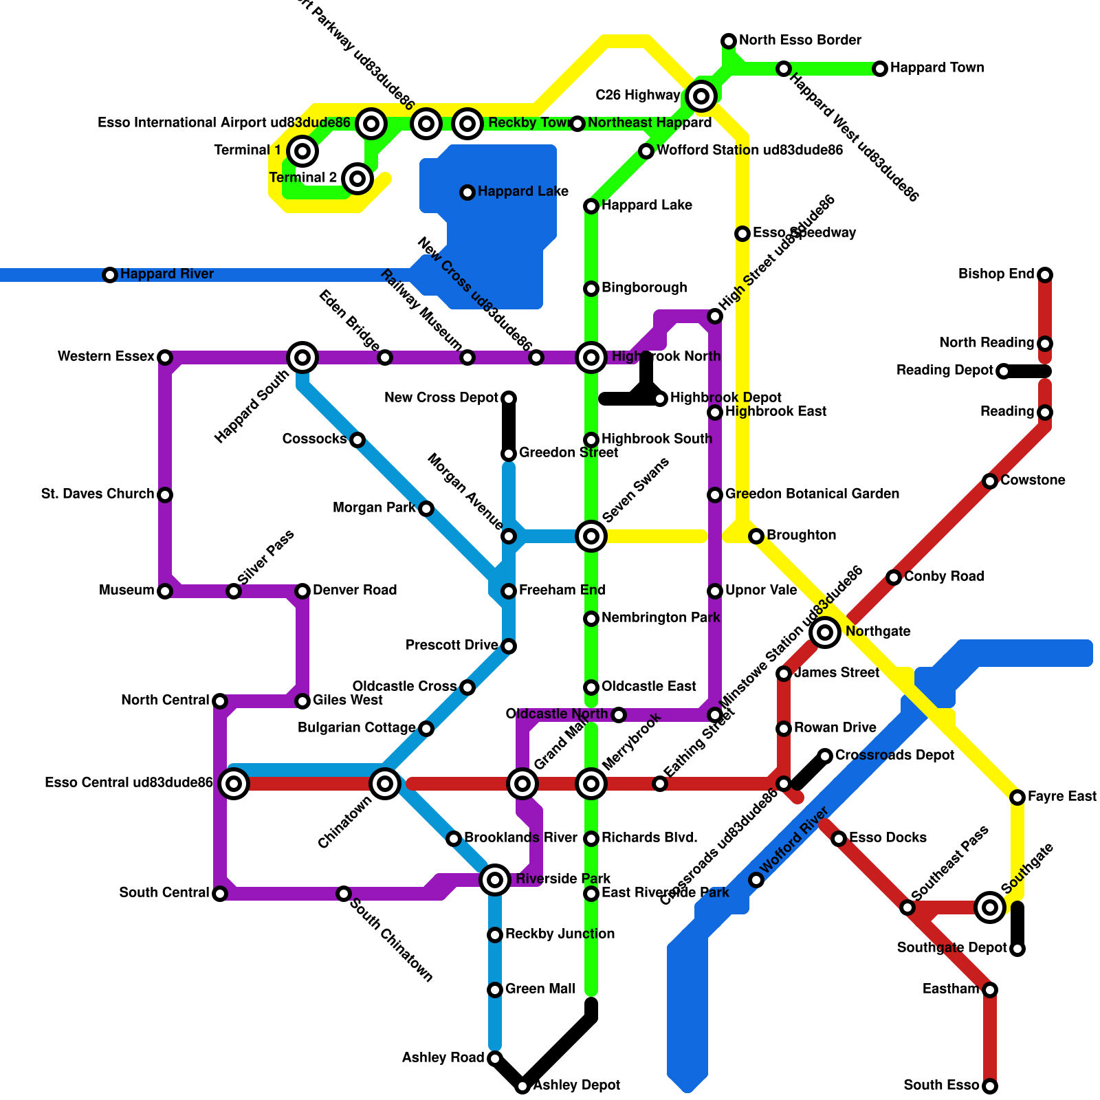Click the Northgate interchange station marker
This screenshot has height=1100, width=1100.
tap(825, 632)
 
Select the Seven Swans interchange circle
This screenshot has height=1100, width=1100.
tap(591, 536)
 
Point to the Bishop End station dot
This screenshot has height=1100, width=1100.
tap(1045, 275)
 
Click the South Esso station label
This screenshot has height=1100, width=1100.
tap(940, 1086)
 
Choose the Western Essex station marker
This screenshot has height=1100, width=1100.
tap(165, 357)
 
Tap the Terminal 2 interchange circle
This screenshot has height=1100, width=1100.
tap(357, 179)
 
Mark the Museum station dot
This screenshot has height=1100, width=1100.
tap(165, 591)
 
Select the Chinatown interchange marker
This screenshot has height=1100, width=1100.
tap(385, 783)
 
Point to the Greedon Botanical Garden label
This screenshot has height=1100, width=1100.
tap(811, 494)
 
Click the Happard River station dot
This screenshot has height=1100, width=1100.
tap(110, 275)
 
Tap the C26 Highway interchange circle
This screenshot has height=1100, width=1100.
tap(701, 96)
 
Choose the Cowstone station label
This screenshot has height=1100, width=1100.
tap(1032, 481)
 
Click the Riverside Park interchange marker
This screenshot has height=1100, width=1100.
tap(494, 879)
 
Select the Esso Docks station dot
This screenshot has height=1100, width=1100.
tap(839, 838)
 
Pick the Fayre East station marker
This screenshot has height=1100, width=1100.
tap(1017, 797)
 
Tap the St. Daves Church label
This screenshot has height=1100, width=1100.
tap(98, 494)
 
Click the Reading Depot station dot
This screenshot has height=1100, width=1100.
tap(1004, 371)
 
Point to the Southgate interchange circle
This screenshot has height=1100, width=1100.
tap(990, 907)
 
